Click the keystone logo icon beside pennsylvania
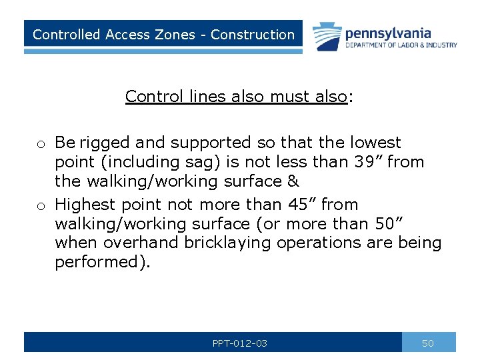click(x=326, y=37)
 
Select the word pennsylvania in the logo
click(x=388, y=33)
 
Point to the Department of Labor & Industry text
click(x=401, y=45)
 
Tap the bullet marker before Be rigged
click(x=41, y=143)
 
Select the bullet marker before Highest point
click(x=41, y=205)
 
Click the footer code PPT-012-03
click(x=240, y=343)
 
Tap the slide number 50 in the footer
click(x=428, y=343)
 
